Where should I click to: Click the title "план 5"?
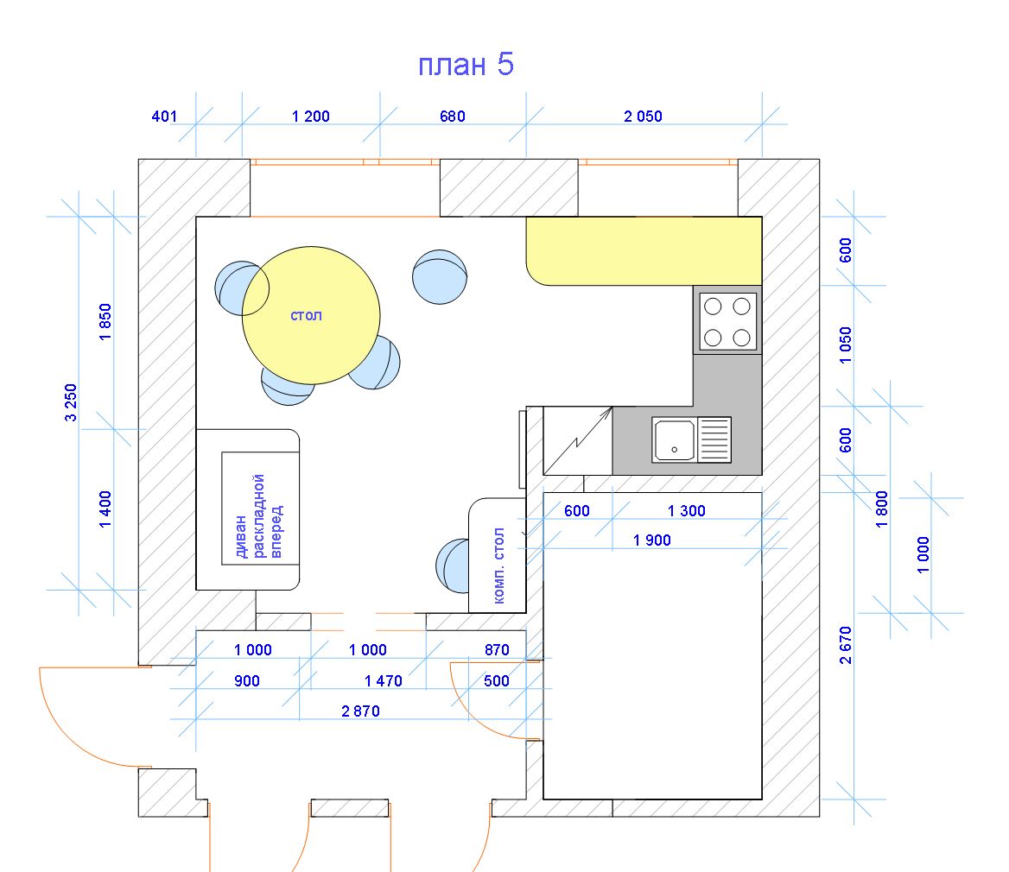click(x=466, y=64)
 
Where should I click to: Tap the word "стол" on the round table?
click(x=307, y=316)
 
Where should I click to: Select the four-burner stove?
click(x=727, y=320)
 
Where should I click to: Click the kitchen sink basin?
click(x=675, y=440)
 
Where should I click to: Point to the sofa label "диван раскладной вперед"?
click(x=258, y=516)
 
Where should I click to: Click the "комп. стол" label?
click(x=498, y=566)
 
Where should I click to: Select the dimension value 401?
click(x=164, y=117)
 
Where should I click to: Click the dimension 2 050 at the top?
click(x=643, y=117)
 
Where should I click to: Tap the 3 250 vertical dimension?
click(x=71, y=402)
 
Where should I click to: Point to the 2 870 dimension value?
click(x=360, y=711)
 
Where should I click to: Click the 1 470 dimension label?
click(x=384, y=681)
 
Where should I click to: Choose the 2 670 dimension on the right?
click(x=846, y=645)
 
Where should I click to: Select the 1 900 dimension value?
click(x=652, y=540)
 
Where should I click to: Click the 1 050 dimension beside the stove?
click(x=846, y=345)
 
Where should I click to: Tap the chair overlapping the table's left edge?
click(x=241, y=288)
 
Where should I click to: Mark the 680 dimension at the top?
click(x=453, y=117)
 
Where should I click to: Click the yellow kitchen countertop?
click(x=644, y=250)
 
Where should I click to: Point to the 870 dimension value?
click(x=497, y=650)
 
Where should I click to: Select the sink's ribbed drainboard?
click(x=714, y=439)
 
